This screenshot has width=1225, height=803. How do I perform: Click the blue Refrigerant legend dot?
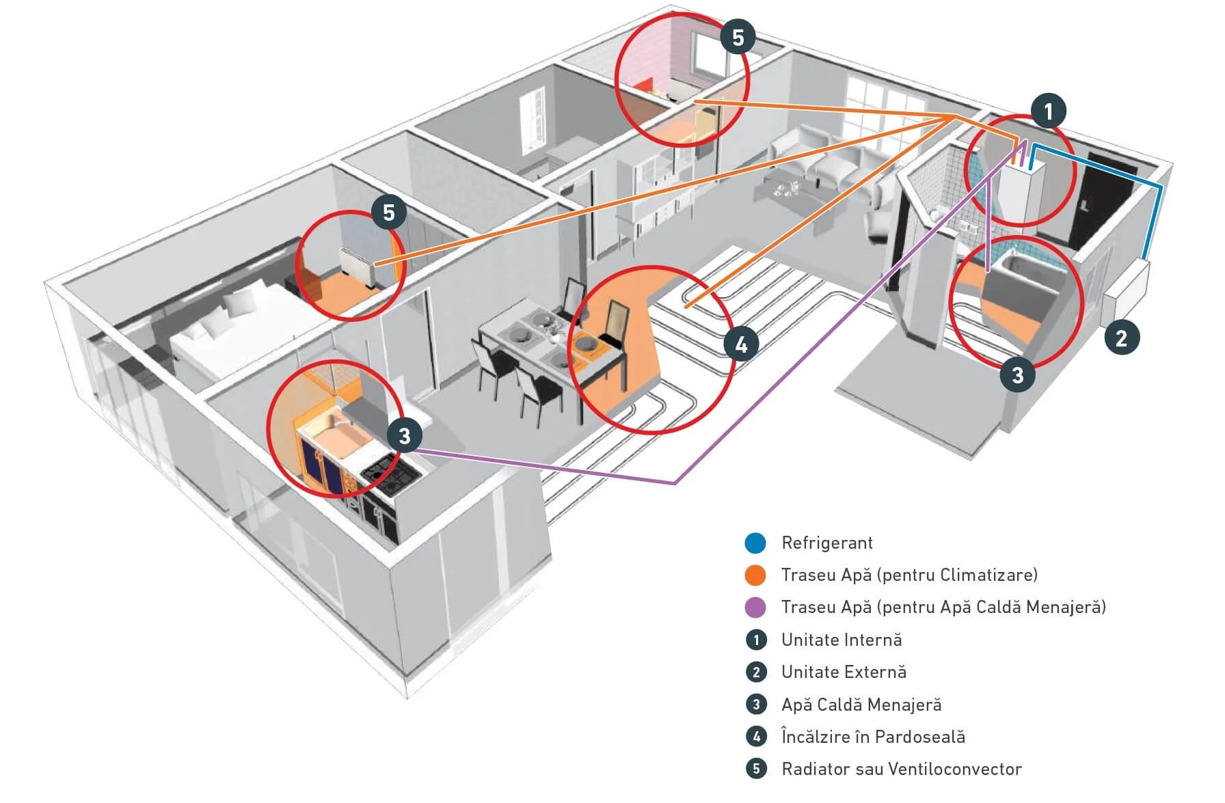point(755,543)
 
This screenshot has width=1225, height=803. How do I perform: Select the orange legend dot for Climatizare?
point(755,575)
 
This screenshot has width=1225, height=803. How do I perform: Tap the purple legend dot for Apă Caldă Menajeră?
point(755,608)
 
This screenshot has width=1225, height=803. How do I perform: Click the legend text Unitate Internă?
point(842,640)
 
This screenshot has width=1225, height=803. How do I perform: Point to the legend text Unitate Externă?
point(844,672)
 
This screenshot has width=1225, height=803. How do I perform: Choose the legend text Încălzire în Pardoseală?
point(873,737)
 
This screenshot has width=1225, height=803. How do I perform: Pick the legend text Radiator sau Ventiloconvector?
point(901,769)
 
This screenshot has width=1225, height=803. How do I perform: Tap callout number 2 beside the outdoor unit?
point(1121,337)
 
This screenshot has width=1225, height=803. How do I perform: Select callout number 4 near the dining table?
point(741,345)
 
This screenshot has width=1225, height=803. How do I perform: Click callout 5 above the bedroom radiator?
point(389,213)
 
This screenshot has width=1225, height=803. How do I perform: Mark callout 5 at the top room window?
point(738,37)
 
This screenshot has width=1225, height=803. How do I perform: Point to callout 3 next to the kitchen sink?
point(404,435)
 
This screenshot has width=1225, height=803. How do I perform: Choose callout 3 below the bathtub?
point(1017,375)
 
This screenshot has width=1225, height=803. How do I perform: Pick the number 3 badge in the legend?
point(755,705)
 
